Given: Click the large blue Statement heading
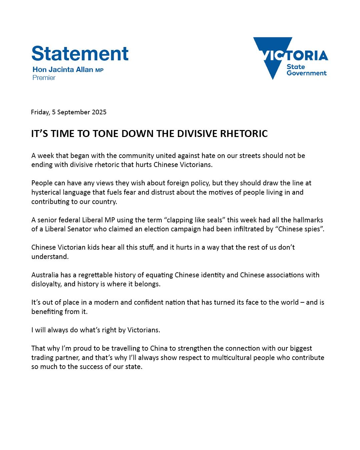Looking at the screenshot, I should click(80, 53).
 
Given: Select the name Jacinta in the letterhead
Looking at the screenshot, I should click(62, 70).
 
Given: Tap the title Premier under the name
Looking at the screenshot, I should click(44, 78).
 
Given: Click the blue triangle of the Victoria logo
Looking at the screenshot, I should click(270, 57).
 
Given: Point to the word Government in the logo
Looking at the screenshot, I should click(306, 73).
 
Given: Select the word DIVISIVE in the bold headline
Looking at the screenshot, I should click(197, 134).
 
